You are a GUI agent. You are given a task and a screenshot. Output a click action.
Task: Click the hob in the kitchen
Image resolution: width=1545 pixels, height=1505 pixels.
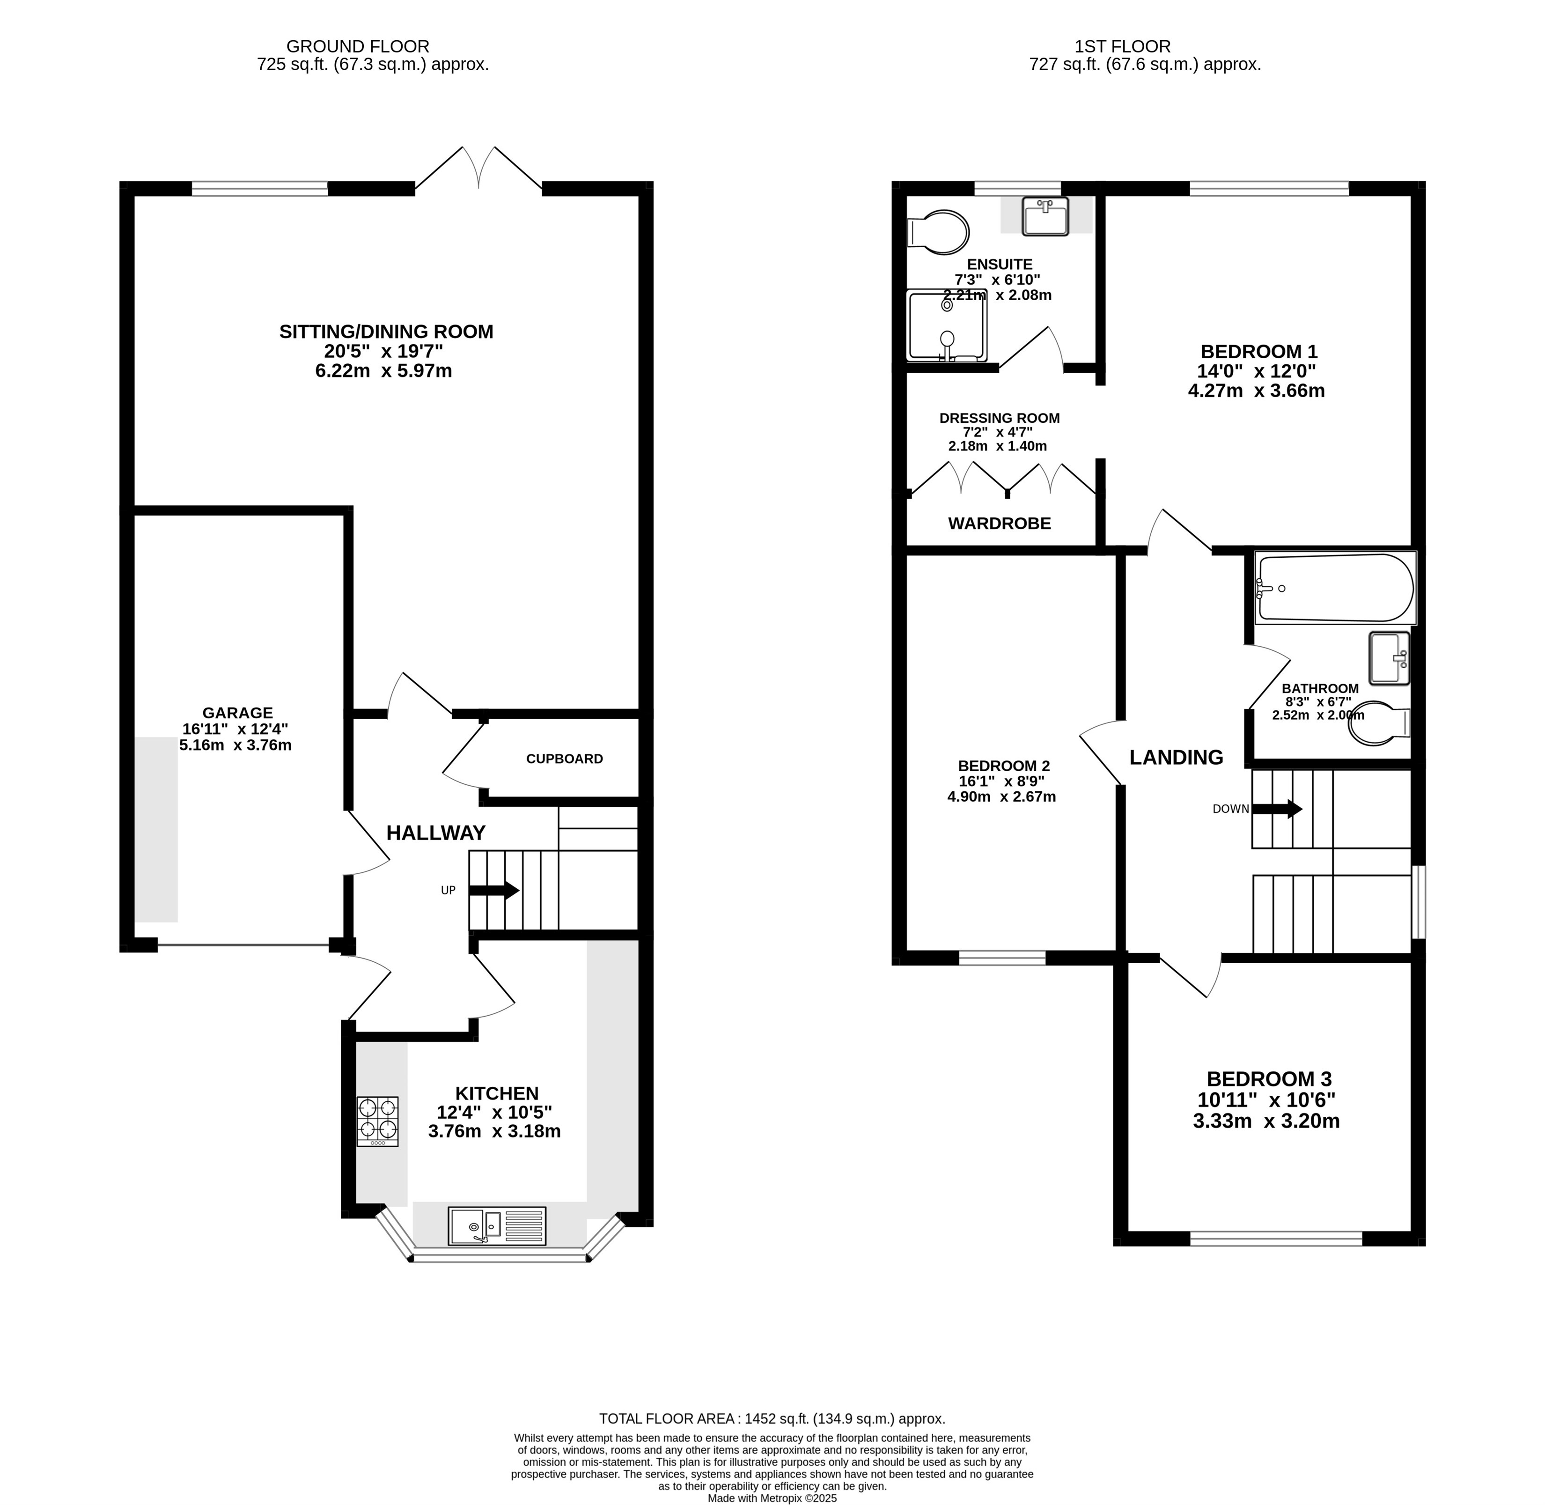(x=378, y=1121)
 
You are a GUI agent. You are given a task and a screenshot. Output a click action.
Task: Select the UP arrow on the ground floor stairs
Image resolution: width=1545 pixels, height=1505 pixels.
(x=494, y=890)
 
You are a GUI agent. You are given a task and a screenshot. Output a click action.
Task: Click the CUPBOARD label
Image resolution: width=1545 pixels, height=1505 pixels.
(x=564, y=759)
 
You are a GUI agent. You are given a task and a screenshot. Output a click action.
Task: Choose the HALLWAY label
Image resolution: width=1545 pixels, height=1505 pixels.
(x=435, y=832)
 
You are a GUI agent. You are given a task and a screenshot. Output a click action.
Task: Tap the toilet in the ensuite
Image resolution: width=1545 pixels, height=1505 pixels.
(x=938, y=232)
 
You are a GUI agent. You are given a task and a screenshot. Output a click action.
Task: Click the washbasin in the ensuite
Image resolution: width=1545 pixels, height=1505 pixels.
(x=1045, y=216)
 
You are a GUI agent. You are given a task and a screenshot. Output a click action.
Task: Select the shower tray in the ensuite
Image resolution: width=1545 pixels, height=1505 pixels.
(x=947, y=325)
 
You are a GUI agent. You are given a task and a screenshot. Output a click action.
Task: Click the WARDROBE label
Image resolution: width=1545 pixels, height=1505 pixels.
(x=1000, y=523)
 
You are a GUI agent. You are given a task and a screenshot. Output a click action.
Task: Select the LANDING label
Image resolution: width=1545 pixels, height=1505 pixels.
(x=1176, y=757)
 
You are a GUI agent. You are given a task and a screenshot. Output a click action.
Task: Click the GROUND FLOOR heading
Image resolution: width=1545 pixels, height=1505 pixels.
(x=358, y=47)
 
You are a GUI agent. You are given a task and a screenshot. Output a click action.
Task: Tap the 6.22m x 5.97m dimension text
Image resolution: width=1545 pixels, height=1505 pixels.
(x=383, y=371)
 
